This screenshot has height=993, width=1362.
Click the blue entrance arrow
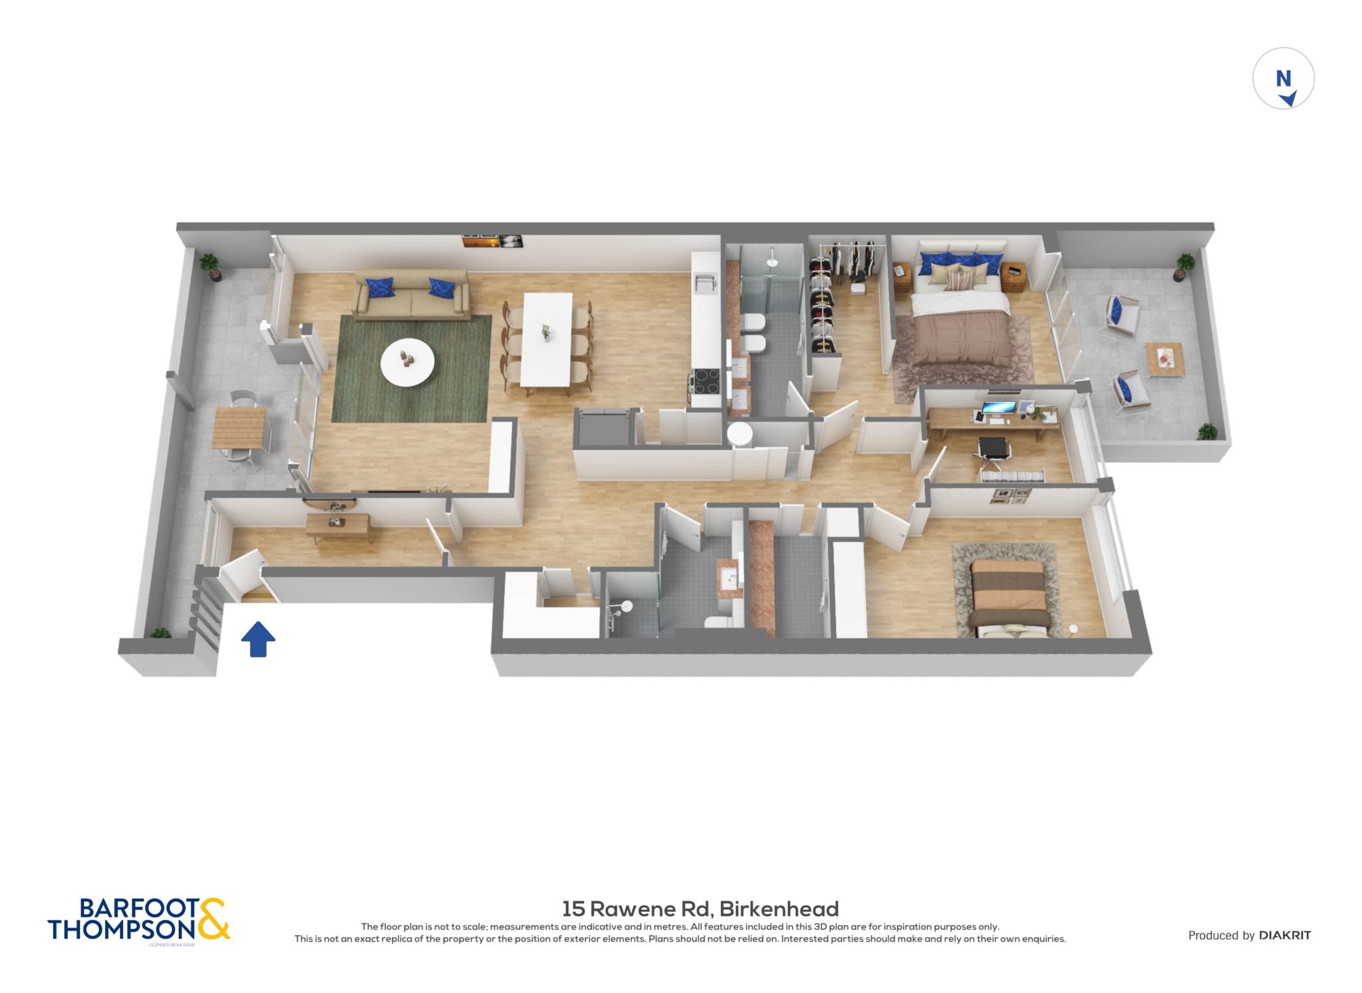258,639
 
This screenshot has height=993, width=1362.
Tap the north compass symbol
1283,78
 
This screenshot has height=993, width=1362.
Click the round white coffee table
407,362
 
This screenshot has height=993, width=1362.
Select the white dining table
547,339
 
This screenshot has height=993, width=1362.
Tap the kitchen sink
705,283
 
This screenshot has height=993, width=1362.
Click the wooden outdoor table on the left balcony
239,427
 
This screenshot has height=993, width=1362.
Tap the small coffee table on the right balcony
1165,360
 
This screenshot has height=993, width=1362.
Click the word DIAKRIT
1285,935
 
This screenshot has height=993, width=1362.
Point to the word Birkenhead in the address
779,909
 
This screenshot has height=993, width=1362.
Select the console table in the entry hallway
339,525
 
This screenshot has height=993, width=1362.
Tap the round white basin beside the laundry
739,434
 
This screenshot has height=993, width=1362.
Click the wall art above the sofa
492,241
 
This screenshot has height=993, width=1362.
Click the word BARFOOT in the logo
139,908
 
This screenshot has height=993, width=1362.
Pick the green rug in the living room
412,369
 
